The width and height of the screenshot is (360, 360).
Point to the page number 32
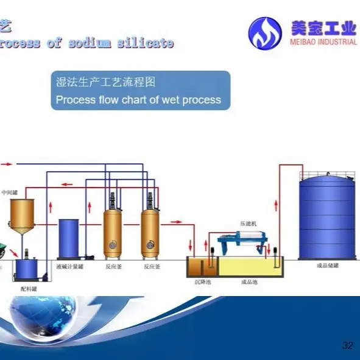tap(347, 346)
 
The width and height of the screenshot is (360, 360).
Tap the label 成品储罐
tap(326, 265)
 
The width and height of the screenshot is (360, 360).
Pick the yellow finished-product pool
tap(250, 268)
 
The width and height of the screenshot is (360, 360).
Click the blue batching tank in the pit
tap(27, 269)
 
